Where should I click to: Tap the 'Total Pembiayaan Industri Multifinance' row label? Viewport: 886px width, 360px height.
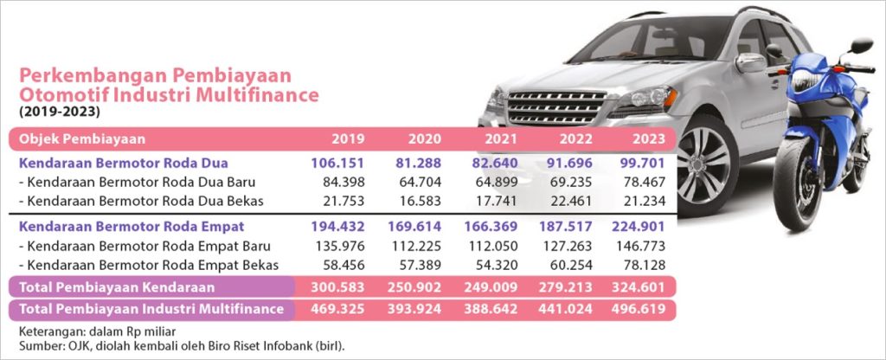[x=151, y=308]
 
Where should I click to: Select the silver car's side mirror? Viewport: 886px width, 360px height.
[x=750, y=62]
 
